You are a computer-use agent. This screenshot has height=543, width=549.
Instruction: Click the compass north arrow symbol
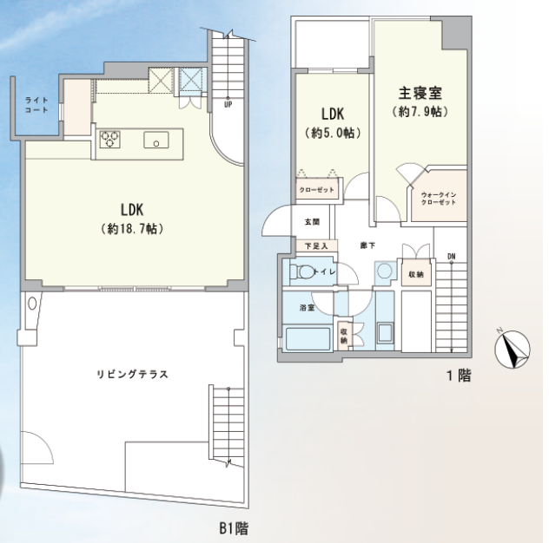(x=512, y=350)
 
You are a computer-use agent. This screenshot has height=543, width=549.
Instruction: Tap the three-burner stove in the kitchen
(x=110, y=140)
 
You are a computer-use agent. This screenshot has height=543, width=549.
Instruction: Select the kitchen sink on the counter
(x=156, y=140)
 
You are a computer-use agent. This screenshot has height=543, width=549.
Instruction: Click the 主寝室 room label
(x=420, y=93)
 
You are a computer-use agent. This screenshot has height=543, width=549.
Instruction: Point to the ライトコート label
(x=36, y=105)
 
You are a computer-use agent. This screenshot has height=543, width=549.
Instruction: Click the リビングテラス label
(x=132, y=375)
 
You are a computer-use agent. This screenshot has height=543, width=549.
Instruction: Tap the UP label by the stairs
(x=228, y=105)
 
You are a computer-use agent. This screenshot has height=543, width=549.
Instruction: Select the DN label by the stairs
(x=452, y=257)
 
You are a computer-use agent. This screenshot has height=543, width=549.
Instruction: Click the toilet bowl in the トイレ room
(x=303, y=271)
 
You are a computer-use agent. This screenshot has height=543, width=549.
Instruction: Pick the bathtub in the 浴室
(x=308, y=339)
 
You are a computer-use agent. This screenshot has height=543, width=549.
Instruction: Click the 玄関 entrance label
(x=312, y=222)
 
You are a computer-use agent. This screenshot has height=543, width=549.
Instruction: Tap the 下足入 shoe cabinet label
(x=316, y=246)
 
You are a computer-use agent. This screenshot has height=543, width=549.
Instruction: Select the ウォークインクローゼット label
(x=439, y=199)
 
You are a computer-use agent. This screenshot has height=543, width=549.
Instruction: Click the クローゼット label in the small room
(x=317, y=190)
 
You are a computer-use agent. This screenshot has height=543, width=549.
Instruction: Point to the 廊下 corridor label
(x=367, y=245)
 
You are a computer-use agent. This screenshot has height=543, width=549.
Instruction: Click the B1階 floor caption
(x=235, y=528)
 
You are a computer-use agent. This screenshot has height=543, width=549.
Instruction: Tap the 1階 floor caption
(x=459, y=376)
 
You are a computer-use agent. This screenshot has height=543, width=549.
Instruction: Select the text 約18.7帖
(x=132, y=229)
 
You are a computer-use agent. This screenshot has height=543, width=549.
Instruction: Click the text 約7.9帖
(x=420, y=112)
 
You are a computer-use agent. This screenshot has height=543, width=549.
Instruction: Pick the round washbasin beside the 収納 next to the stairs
(x=385, y=271)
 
